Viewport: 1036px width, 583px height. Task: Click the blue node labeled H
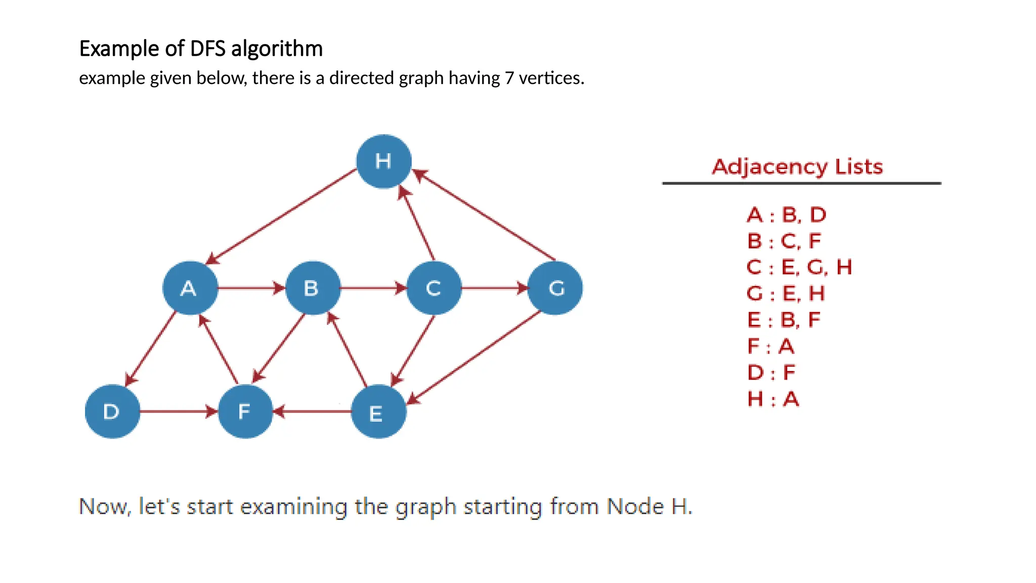tap(383, 161)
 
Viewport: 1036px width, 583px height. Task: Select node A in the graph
tap(190, 288)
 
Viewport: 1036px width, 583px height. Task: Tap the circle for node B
tap(313, 288)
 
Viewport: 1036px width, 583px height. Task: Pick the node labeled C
tap(434, 288)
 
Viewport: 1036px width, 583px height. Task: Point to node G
tap(555, 288)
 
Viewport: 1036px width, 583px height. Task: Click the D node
tap(112, 411)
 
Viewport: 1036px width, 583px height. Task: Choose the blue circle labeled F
tap(245, 411)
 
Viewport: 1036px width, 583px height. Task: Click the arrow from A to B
tap(251, 288)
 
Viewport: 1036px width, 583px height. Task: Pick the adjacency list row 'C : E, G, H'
tap(799, 267)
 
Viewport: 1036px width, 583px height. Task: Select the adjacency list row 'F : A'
tap(770, 347)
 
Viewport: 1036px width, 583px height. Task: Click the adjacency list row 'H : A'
tap(773, 399)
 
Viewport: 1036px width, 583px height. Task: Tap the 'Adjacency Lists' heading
tap(797, 166)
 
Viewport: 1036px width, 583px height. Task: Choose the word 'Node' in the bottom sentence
tap(635, 506)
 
